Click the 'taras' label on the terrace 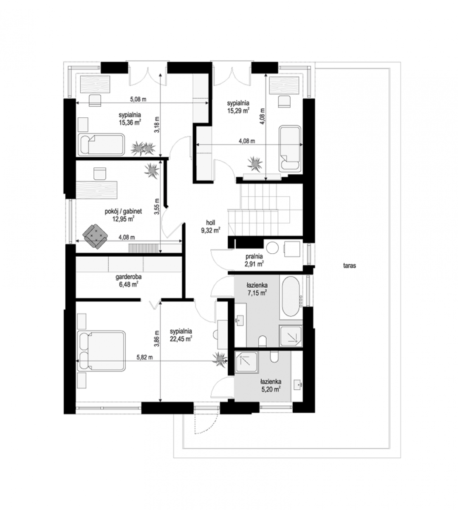(349, 266)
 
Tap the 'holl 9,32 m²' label (211, 226)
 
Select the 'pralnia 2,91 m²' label (254, 260)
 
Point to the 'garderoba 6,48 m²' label (128, 280)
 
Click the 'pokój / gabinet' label (123, 211)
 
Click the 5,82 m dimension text (144, 357)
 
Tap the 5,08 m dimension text (138, 99)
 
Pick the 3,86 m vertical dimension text (157, 339)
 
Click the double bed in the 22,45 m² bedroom (102, 351)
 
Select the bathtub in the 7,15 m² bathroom (291, 297)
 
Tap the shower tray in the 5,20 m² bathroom (246, 362)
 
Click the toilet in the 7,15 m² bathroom (263, 341)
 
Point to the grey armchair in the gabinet (95, 236)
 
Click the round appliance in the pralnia (272, 248)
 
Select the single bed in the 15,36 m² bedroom (102, 144)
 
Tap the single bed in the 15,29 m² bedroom (290, 149)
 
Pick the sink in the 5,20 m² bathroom (298, 384)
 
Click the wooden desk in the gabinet (96, 190)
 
